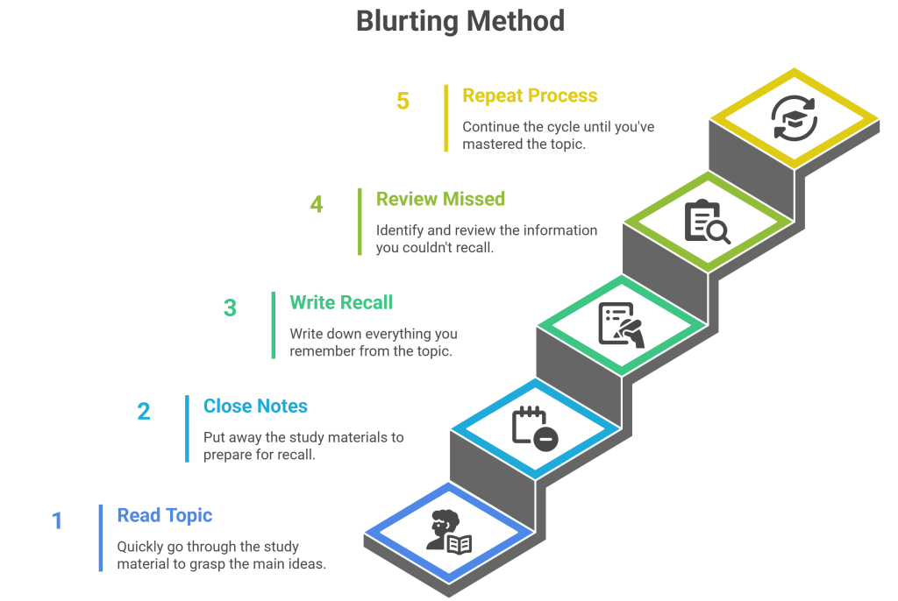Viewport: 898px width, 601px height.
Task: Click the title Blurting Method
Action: pos(460,21)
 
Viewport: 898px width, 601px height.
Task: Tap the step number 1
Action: pos(58,521)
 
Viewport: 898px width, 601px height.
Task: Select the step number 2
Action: pos(144,411)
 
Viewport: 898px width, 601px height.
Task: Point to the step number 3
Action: pos(230,308)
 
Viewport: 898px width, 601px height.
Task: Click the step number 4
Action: pos(317,205)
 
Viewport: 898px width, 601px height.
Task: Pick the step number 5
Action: pos(403,102)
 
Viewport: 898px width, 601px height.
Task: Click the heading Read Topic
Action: pos(165,515)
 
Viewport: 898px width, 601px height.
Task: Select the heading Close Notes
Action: pos(255,407)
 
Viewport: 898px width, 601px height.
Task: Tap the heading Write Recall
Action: pos(341,303)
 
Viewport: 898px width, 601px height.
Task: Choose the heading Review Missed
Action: pos(440,199)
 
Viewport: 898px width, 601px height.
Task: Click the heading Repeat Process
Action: pos(530,95)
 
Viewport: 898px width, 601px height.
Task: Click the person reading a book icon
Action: pos(448,531)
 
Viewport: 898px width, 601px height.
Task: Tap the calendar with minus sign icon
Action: pos(534,428)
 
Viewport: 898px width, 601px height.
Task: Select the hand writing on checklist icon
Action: pos(621,325)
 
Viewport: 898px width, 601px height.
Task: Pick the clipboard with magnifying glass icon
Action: pos(707,222)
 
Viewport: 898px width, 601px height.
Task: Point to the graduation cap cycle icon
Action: pos(794,118)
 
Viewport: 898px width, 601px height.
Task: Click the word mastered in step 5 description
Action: pos(492,144)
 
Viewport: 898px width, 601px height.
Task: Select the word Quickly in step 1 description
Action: pos(143,547)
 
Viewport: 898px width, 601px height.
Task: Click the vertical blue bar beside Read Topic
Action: pos(101,538)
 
